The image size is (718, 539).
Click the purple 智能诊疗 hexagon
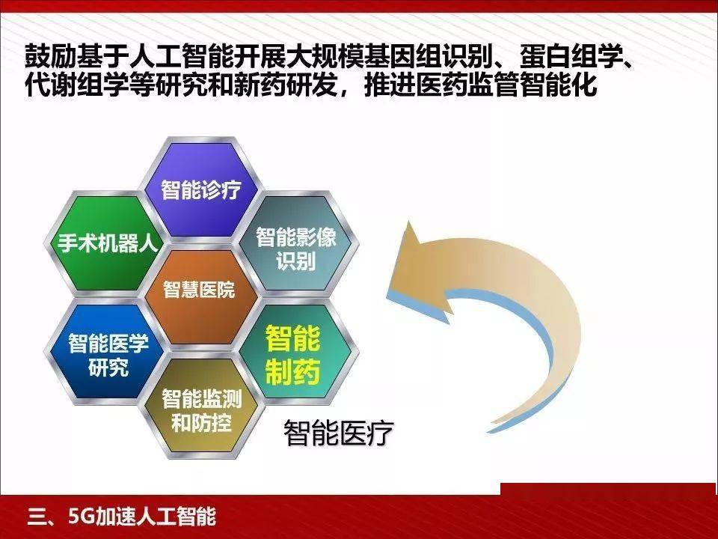coord(201,189)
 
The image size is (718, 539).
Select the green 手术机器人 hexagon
coord(106,243)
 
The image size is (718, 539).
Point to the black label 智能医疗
coord(338,432)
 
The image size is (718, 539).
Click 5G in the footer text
coord(82,516)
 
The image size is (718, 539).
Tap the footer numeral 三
coord(37,517)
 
